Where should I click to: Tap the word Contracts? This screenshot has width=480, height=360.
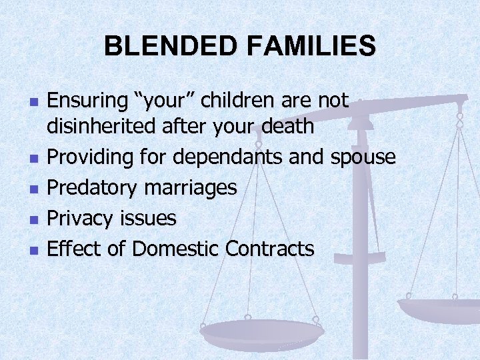pos(269,249)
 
